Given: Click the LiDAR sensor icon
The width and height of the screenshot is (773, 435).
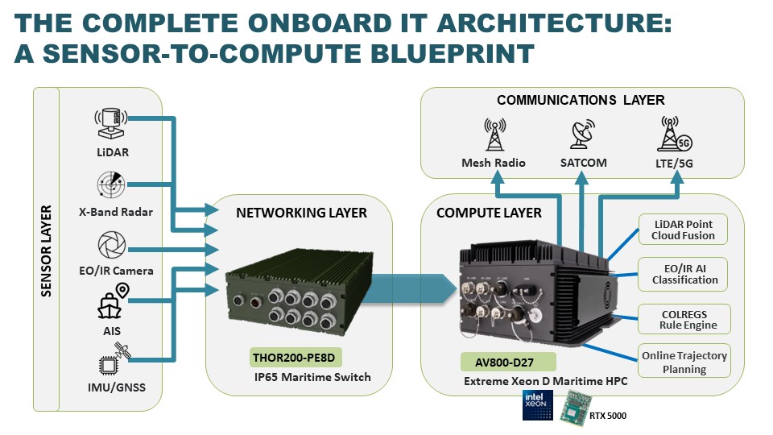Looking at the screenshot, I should click(110, 124).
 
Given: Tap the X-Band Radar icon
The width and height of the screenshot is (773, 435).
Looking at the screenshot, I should click(110, 184).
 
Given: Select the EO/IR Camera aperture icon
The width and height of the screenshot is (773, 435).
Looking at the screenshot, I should click(110, 245).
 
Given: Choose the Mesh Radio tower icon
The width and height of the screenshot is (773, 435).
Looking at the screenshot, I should click(494, 135).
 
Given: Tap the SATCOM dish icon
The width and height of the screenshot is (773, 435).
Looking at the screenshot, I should click(583, 135).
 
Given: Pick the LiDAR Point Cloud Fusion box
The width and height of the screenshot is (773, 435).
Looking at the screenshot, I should click(682, 229).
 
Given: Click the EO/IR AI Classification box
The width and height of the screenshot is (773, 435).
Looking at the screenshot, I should click(682, 274).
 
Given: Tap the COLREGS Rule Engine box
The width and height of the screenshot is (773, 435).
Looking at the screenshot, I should click(684, 320).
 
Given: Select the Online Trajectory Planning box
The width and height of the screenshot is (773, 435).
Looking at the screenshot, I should click(684, 362).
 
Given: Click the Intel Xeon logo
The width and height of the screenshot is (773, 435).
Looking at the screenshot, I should click(537, 404).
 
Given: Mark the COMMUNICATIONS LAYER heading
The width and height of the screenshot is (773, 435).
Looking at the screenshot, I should click(581, 101).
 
